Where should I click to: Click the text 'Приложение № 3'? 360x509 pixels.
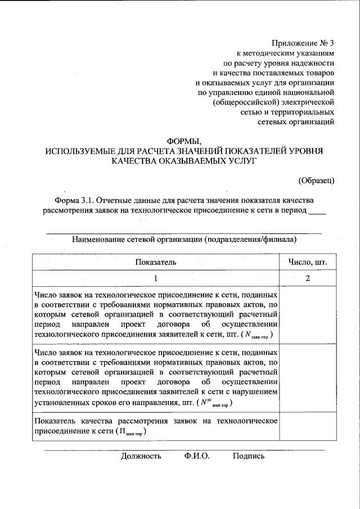coord(303,42)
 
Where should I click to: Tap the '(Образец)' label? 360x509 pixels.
coord(316,180)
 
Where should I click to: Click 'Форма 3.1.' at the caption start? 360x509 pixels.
coord(74,200)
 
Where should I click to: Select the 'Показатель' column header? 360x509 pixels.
coord(156,262)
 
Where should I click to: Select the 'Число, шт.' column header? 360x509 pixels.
coord(308,262)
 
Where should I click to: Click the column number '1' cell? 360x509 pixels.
coord(156,278)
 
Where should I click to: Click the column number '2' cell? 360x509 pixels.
coord(308,278)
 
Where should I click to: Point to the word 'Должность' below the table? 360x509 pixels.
coord(141,456)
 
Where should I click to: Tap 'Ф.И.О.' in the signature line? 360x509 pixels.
coord(196,456)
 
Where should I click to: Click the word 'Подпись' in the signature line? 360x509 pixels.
coord(249,456)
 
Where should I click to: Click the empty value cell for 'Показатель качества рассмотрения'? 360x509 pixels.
coord(308,426)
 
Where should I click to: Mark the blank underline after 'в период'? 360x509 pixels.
coord(318,211)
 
